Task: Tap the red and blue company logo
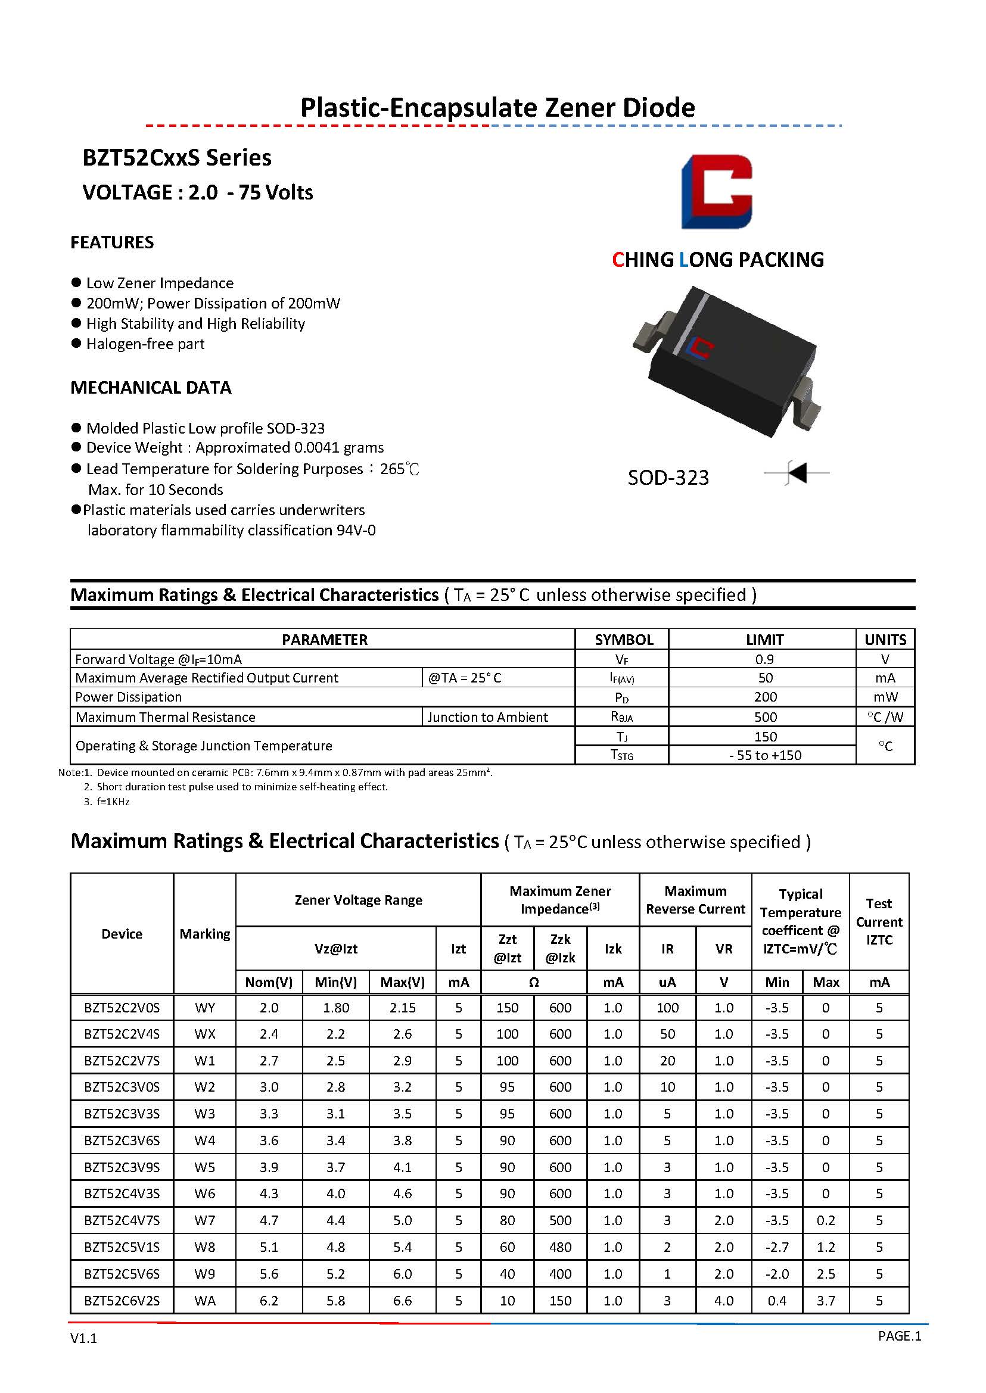[717, 191]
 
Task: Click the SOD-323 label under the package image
[668, 478]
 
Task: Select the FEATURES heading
[112, 242]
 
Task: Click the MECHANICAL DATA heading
[151, 387]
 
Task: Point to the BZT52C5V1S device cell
[122, 1246]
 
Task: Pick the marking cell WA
[204, 1300]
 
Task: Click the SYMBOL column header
[624, 639]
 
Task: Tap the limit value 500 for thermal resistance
[765, 717]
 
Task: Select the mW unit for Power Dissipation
[885, 697]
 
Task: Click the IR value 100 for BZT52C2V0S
[667, 1008]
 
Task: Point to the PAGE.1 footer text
[899, 1335]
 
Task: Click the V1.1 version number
[84, 1338]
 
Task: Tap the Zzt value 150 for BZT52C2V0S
[507, 1008]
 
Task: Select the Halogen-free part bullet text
[145, 344]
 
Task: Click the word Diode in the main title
[659, 107]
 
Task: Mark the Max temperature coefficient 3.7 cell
[826, 1300]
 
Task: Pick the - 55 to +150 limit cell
[765, 755]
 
